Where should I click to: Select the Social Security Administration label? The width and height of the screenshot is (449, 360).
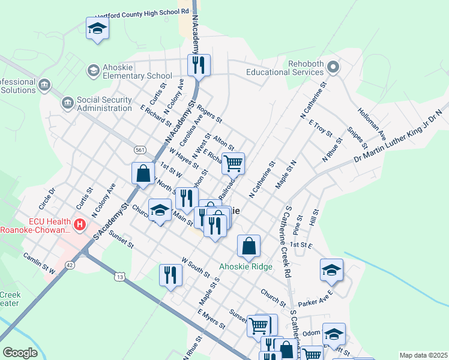coord(104,104)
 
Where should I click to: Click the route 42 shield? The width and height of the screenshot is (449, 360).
coord(71,265)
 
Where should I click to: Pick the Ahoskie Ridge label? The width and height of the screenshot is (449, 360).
coord(246,266)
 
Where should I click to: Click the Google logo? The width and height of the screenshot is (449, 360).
coord(20,353)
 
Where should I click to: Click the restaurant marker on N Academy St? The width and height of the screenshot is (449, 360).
coord(199,64)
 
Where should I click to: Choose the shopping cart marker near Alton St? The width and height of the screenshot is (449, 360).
coord(233,162)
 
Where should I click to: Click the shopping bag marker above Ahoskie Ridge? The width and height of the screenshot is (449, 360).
coord(249,245)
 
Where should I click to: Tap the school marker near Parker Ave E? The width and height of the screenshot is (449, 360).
coord(331,270)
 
